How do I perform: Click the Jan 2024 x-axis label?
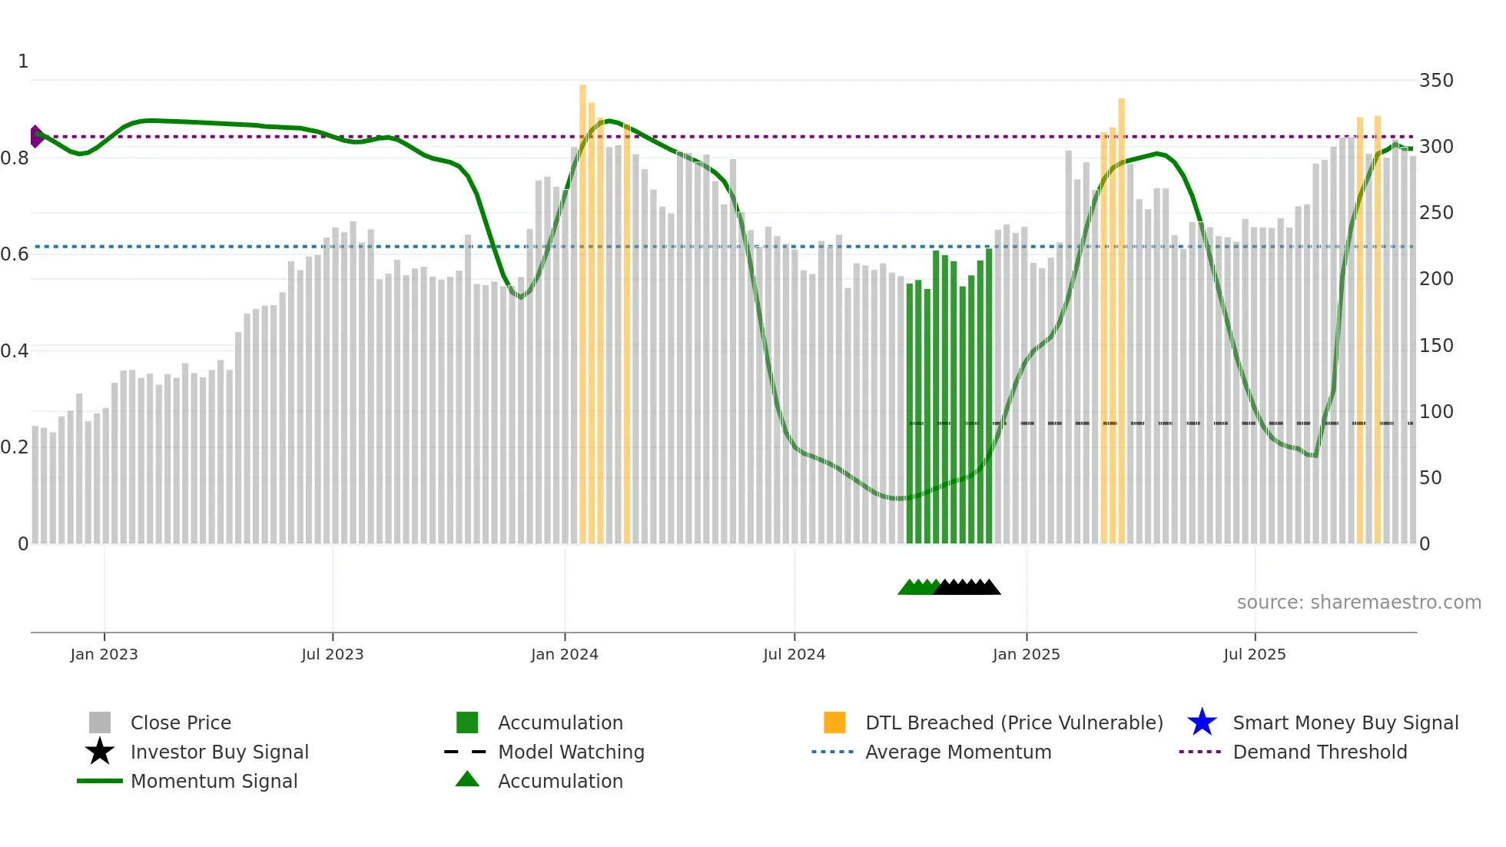point(564,654)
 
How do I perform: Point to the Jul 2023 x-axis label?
point(332,654)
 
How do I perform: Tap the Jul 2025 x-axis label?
point(1254,654)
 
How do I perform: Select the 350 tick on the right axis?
point(1435,81)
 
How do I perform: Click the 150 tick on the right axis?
point(1435,346)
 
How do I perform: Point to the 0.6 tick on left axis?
point(15,254)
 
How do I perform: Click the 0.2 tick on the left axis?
point(15,447)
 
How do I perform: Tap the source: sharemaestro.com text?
point(1358,603)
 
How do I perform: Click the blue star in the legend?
point(1202,722)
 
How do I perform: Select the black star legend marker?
point(100,752)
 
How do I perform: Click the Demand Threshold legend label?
point(1319,752)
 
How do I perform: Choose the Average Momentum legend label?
point(957,752)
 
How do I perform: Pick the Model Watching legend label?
point(571,752)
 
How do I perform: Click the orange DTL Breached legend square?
point(834,722)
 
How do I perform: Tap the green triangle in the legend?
point(467,779)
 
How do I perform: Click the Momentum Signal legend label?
point(214,781)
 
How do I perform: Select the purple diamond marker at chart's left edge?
point(36,136)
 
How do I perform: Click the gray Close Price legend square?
point(100,722)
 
